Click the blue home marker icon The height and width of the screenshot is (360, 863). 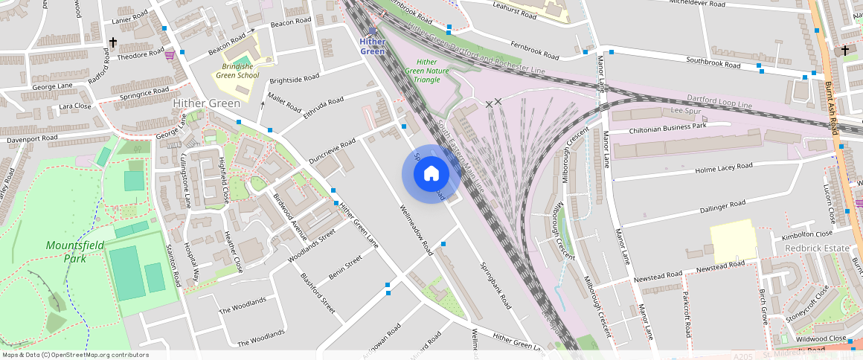click(x=431, y=174)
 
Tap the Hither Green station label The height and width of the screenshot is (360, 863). click(x=373, y=47)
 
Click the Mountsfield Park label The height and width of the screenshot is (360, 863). click(x=65, y=251)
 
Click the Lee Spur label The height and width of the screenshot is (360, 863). click(x=687, y=110)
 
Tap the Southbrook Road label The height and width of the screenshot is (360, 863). click(x=713, y=62)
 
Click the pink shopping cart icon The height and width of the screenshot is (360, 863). click(x=170, y=54)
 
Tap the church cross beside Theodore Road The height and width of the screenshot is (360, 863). click(x=113, y=42)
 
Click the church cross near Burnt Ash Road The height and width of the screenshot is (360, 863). click(x=844, y=51)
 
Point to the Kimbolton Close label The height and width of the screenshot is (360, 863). click(x=806, y=235)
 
